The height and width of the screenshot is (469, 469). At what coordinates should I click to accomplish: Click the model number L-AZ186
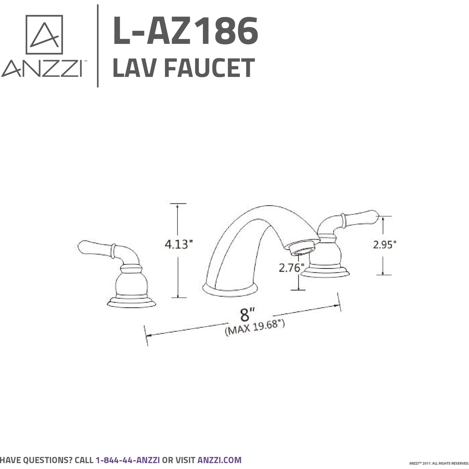click(185, 31)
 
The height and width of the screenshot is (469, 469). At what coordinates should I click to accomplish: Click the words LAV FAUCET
click(184, 68)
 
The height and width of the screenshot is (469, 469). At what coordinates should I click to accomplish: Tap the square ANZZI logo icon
click(44, 34)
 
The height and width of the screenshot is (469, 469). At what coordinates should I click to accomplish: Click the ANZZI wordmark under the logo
click(42, 68)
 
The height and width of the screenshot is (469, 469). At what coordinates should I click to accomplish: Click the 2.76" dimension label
click(291, 268)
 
